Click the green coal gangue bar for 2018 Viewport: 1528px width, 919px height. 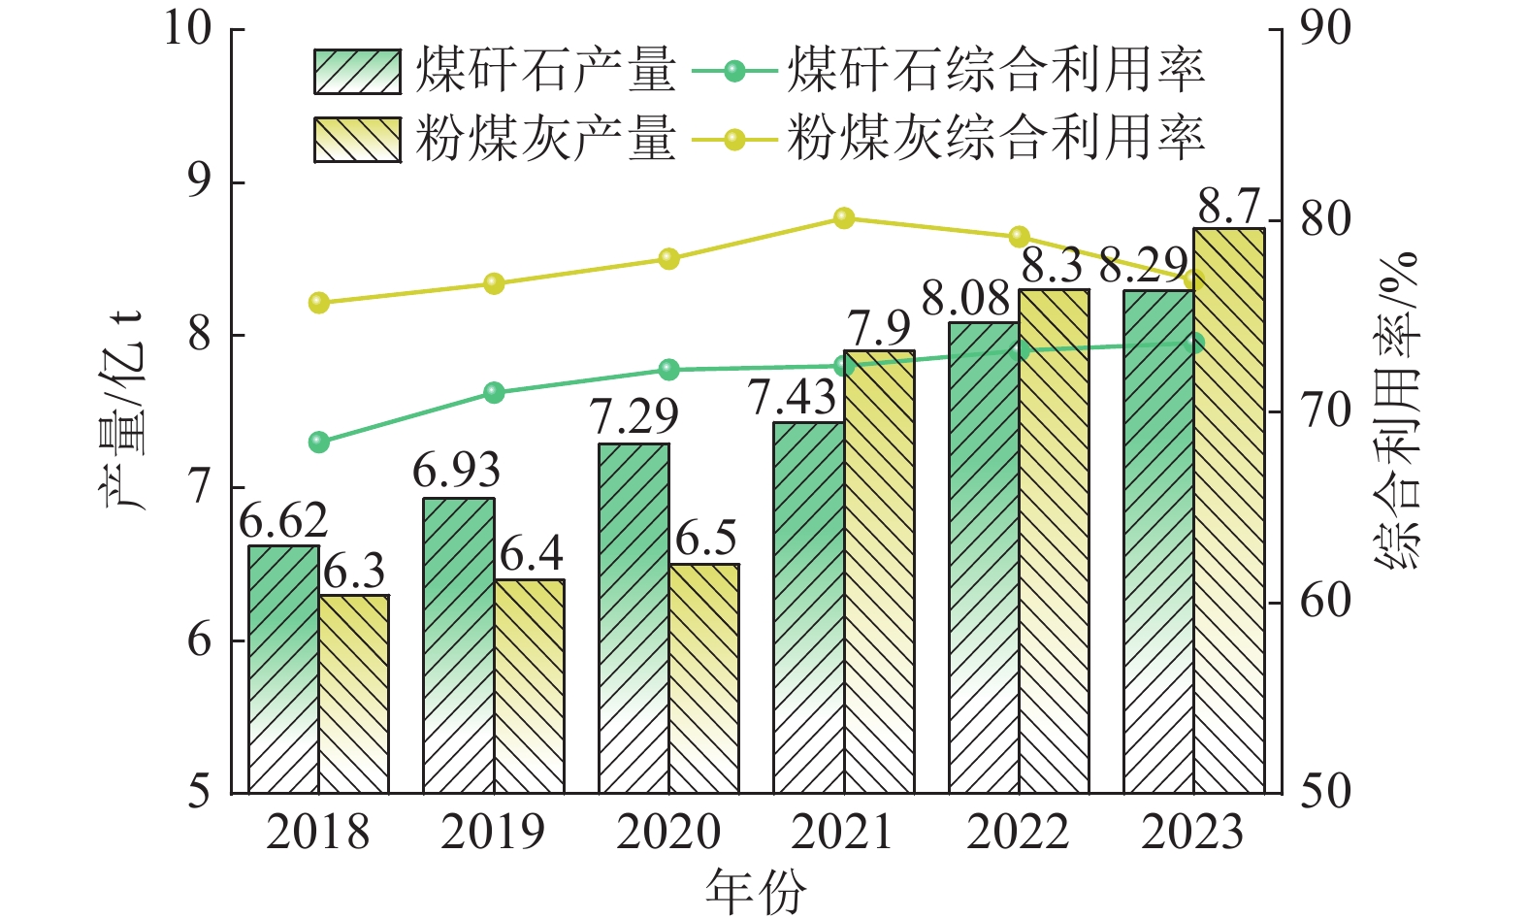pyautogui.click(x=283, y=670)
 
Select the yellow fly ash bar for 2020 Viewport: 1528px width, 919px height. pyautogui.click(x=703, y=679)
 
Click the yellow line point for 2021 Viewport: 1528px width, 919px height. pyautogui.click(x=844, y=218)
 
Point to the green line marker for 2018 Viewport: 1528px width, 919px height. pyautogui.click(x=319, y=443)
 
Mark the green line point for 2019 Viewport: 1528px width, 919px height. pyautogui.click(x=494, y=393)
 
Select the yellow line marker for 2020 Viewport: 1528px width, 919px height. pyautogui.click(x=668, y=259)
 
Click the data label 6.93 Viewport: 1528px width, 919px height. pyautogui.click(x=456, y=472)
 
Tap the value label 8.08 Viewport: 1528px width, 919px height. pyautogui.click(x=965, y=299)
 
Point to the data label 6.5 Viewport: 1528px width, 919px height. pyautogui.click(x=706, y=539)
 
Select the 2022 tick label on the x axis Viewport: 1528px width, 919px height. pyautogui.click(x=1018, y=833)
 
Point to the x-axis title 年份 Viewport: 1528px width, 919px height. pyautogui.click(x=756, y=892)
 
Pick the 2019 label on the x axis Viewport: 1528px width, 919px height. pyautogui.click(x=493, y=833)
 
